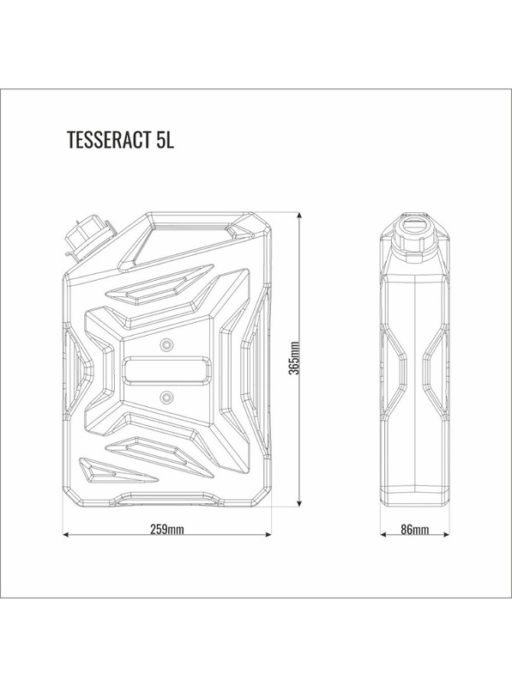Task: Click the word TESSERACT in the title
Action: [x=108, y=142]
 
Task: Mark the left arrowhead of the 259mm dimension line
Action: [x=67, y=536]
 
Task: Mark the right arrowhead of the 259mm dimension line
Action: [x=270, y=536]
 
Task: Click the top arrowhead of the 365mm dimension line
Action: [x=299, y=214]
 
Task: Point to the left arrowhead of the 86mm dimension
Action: [x=383, y=536]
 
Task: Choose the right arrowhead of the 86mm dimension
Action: [x=448, y=536]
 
